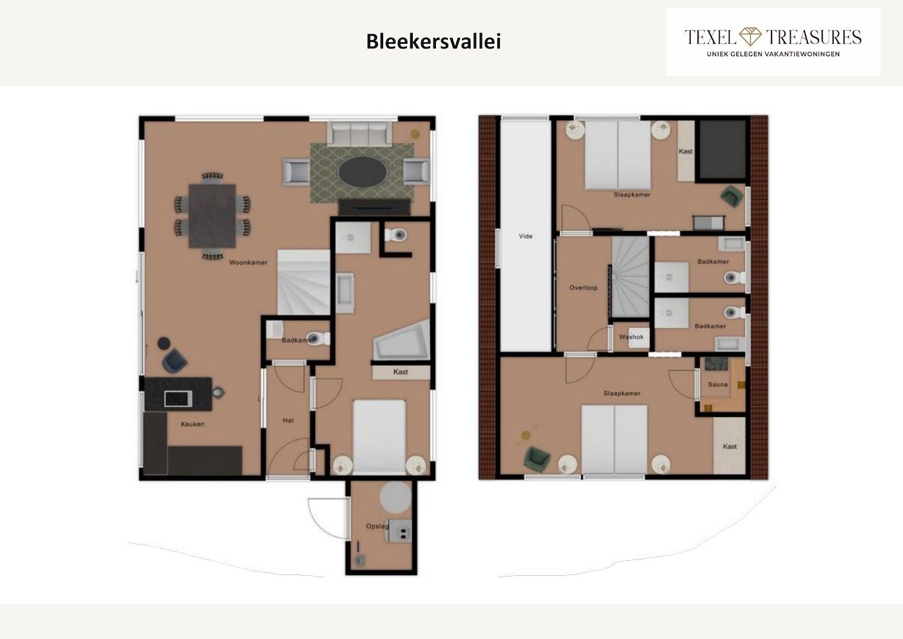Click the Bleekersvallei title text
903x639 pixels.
[x=433, y=41]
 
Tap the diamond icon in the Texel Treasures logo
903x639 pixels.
[x=750, y=37]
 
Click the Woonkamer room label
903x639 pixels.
[x=248, y=263]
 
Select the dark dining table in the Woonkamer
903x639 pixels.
[x=212, y=216]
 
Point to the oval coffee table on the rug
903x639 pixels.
[x=362, y=172]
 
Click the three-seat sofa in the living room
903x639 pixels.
[x=359, y=133]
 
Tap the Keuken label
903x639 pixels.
[x=192, y=424]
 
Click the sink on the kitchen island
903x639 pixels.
[x=178, y=399]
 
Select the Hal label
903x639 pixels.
[x=288, y=420]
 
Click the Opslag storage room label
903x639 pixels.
[x=377, y=526]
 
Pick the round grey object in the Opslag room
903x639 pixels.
[x=395, y=498]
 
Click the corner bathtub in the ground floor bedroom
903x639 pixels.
[x=401, y=340]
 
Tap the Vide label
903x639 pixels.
[x=525, y=236]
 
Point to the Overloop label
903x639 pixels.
[x=583, y=288]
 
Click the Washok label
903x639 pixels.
[x=631, y=336]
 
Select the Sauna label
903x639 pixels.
[x=718, y=385]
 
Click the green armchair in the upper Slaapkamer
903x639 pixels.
[x=732, y=196]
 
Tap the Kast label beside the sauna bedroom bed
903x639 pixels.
[x=729, y=446]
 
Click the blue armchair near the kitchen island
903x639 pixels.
[x=175, y=361]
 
